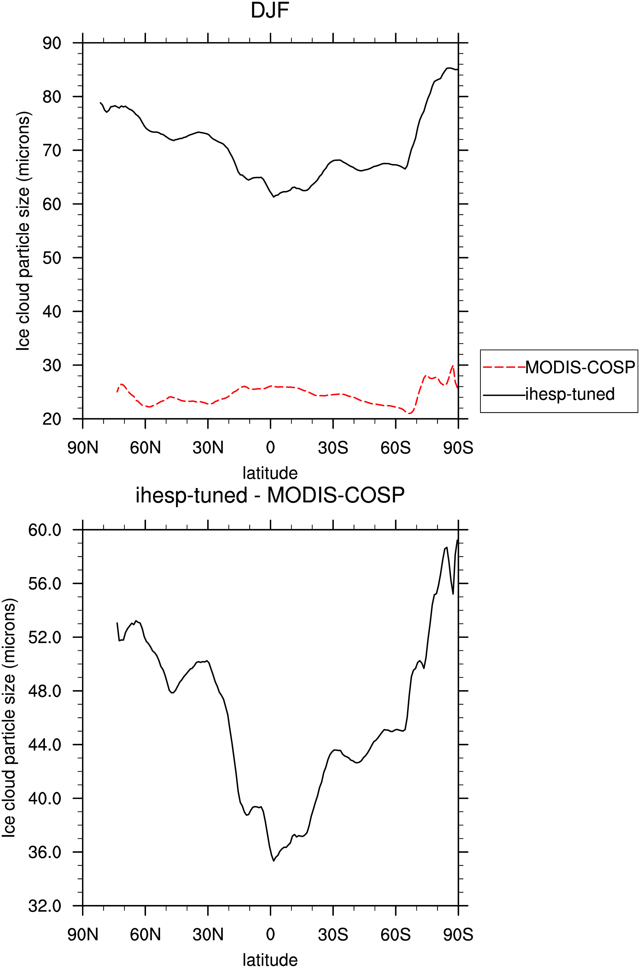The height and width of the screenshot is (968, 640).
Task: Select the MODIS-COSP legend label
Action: pos(580,367)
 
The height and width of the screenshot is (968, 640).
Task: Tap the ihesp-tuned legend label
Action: pos(570,394)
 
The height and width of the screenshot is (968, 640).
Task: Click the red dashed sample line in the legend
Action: pos(504,367)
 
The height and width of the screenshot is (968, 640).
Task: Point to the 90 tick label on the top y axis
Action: pos(52,43)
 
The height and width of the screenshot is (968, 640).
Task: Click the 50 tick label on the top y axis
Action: pos(52,258)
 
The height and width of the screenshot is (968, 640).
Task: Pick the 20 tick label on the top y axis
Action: pos(52,419)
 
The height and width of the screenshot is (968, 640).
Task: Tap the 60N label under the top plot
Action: pos(145,448)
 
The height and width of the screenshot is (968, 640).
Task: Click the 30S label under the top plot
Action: pos(333,448)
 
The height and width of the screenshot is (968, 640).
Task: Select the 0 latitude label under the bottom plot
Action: pos(270,935)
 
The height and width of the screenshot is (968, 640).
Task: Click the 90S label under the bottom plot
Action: pos(458,935)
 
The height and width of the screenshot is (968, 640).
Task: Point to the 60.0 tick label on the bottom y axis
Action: pos(44,530)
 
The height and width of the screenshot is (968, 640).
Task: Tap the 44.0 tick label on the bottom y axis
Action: pos(44,745)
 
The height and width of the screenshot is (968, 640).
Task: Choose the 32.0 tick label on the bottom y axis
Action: pos(44,906)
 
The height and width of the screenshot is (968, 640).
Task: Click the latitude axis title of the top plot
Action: pos(270,473)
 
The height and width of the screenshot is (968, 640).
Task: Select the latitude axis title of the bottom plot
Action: pos(270,960)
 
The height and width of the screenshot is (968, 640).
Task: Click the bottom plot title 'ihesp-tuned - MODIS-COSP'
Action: pos(270,495)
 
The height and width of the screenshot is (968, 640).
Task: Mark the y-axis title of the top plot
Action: pos(23,231)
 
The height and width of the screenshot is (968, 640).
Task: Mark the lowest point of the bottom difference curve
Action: pos(273,861)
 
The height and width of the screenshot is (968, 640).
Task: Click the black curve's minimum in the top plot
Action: pos(273,197)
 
